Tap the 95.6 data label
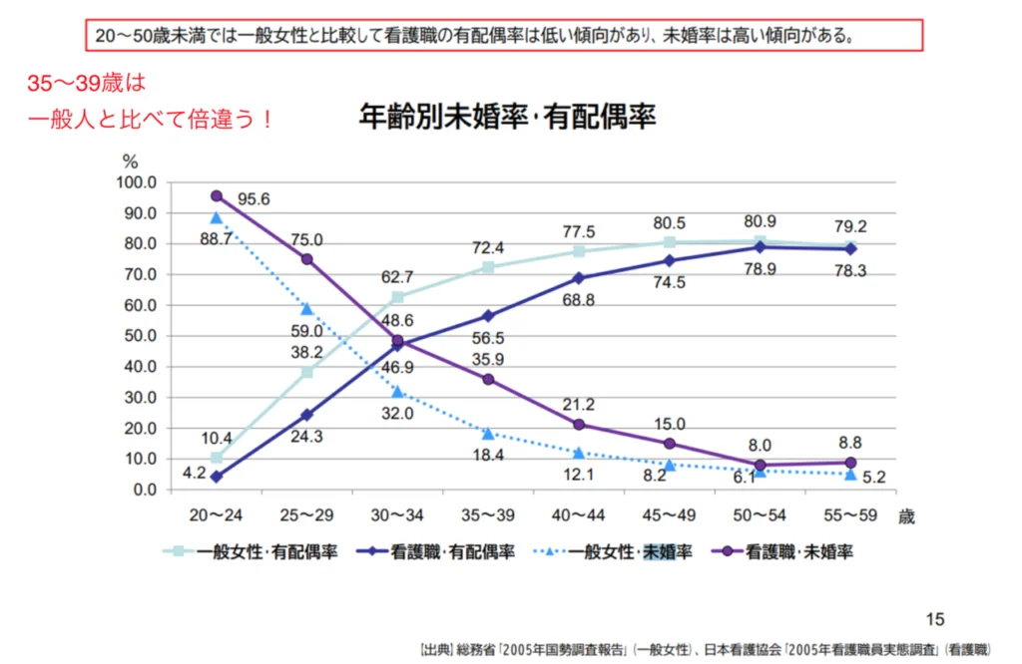(x=255, y=199)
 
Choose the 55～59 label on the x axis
(x=850, y=516)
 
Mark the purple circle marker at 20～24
(x=217, y=196)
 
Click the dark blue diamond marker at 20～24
(x=217, y=477)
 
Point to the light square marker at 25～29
(x=307, y=373)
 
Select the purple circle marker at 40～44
(x=579, y=425)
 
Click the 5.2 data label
(x=874, y=478)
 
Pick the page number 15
(x=935, y=618)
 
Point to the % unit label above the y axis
(x=129, y=161)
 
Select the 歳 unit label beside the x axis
(x=905, y=516)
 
